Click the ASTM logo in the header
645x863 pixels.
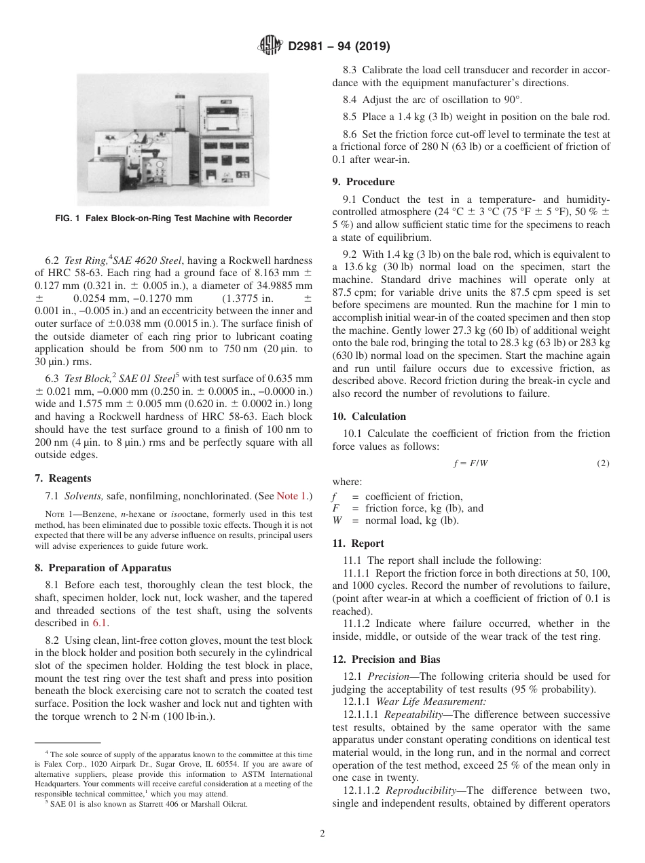271,47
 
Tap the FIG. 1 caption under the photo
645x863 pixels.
173,218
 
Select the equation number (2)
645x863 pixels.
603,464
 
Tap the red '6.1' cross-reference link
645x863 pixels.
98,623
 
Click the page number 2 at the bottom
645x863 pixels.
322,834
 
